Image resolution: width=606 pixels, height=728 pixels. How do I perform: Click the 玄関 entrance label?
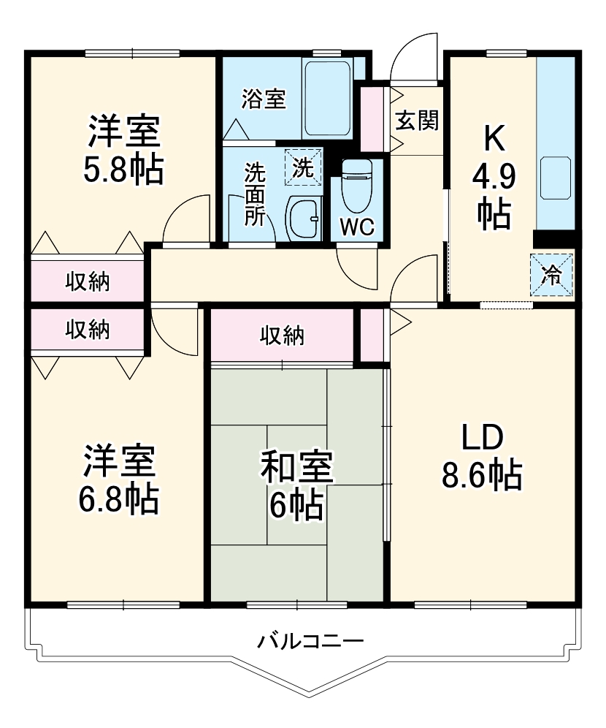[x=417, y=120]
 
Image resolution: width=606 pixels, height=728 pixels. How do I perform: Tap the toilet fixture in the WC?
[x=357, y=183]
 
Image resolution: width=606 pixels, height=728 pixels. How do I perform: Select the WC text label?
[x=358, y=227]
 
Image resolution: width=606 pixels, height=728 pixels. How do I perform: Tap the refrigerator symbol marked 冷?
[x=552, y=274]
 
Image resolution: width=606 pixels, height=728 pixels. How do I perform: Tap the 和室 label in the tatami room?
[x=297, y=468]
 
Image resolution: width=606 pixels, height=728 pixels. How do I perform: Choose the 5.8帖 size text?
[x=123, y=170]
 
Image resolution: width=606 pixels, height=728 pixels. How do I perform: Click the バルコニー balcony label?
[x=310, y=643]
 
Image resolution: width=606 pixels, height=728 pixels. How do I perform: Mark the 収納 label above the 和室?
[x=282, y=335]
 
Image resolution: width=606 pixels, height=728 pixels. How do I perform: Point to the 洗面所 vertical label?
[x=254, y=194]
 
